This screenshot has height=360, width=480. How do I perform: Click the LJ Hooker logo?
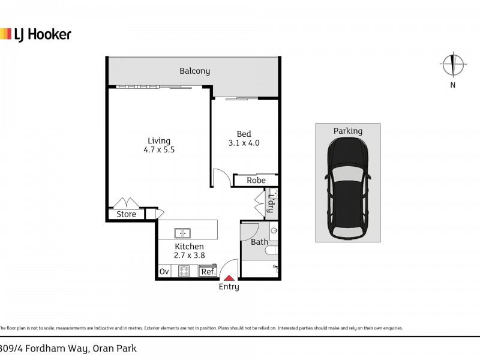[35, 34]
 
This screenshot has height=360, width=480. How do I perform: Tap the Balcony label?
[195, 71]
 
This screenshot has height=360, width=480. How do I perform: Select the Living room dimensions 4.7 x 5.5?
[160, 151]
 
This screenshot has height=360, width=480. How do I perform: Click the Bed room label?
[244, 134]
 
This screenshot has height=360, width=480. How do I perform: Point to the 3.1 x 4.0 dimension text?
[244, 143]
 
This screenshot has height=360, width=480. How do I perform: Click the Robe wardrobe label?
[256, 180]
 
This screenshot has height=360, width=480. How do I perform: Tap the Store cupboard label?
[126, 214]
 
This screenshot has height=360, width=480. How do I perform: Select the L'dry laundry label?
[271, 203]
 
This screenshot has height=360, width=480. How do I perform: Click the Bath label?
[259, 242]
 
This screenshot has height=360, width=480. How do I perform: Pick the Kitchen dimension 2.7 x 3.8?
[189, 256]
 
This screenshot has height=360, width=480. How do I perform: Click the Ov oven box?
[164, 272]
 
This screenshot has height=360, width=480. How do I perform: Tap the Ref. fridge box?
[208, 272]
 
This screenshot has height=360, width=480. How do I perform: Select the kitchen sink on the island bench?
[182, 232]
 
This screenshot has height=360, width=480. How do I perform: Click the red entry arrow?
[229, 277]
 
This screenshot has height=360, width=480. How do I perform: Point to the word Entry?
[229, 287]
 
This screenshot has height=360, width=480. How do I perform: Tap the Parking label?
[347, 131]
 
